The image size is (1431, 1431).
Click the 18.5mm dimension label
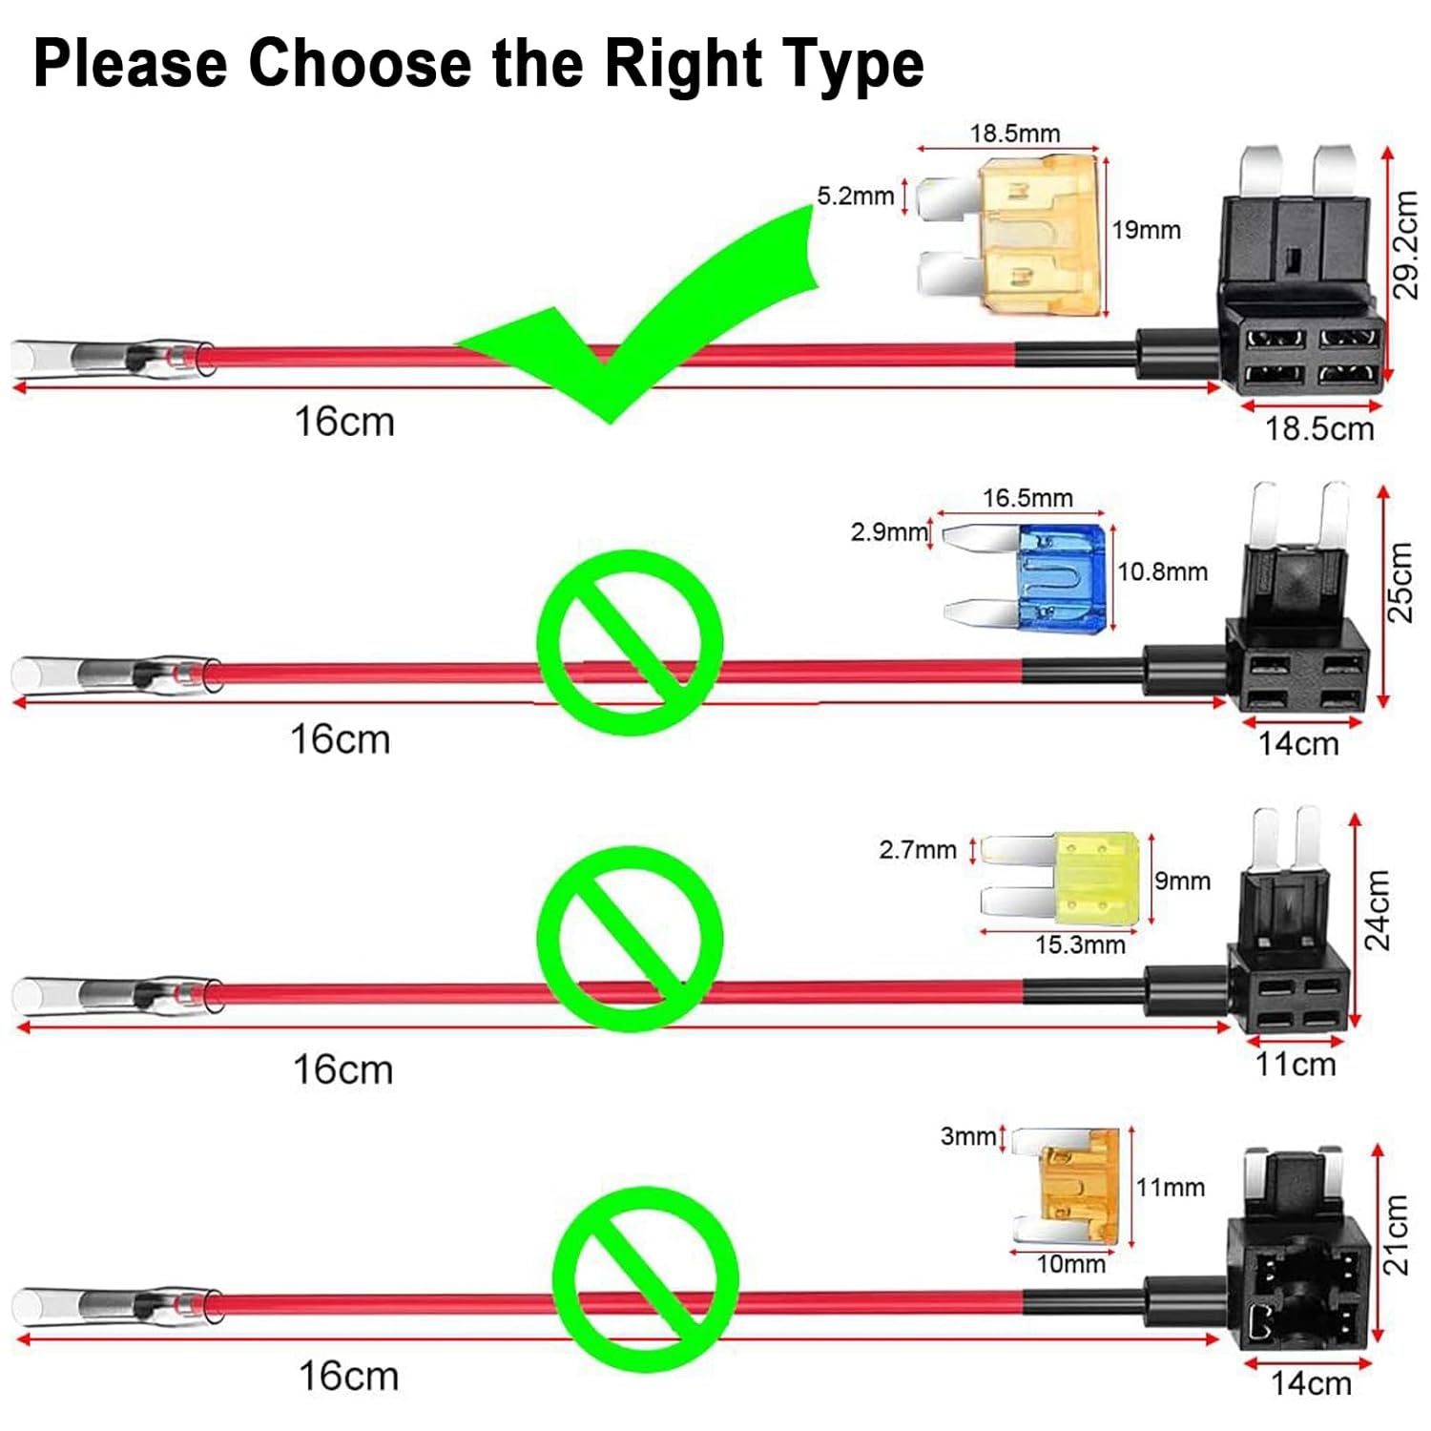(x=1015, y=134)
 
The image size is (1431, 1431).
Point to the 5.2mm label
(x=855, y=197)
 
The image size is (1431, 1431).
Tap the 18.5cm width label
(x=1319, y=429)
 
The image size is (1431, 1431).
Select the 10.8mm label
(x=1162, y=571)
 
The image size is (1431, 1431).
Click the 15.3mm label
(x=1080, y=944)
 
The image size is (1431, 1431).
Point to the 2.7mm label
(x=917, y=849)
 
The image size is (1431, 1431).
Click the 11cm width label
(x=1296, y=1065)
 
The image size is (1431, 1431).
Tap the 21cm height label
(x=1397, y=1234)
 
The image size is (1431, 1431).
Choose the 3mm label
(x=967, y=1136)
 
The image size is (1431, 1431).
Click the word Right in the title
(x=683, y=65)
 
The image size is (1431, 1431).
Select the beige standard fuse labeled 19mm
(x=1035, y=236)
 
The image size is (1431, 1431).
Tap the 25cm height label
(x=1399, y=582)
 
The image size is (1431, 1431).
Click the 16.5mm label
(x=1027, y=498)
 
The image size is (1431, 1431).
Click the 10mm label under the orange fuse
(x=1070, y=1264)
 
